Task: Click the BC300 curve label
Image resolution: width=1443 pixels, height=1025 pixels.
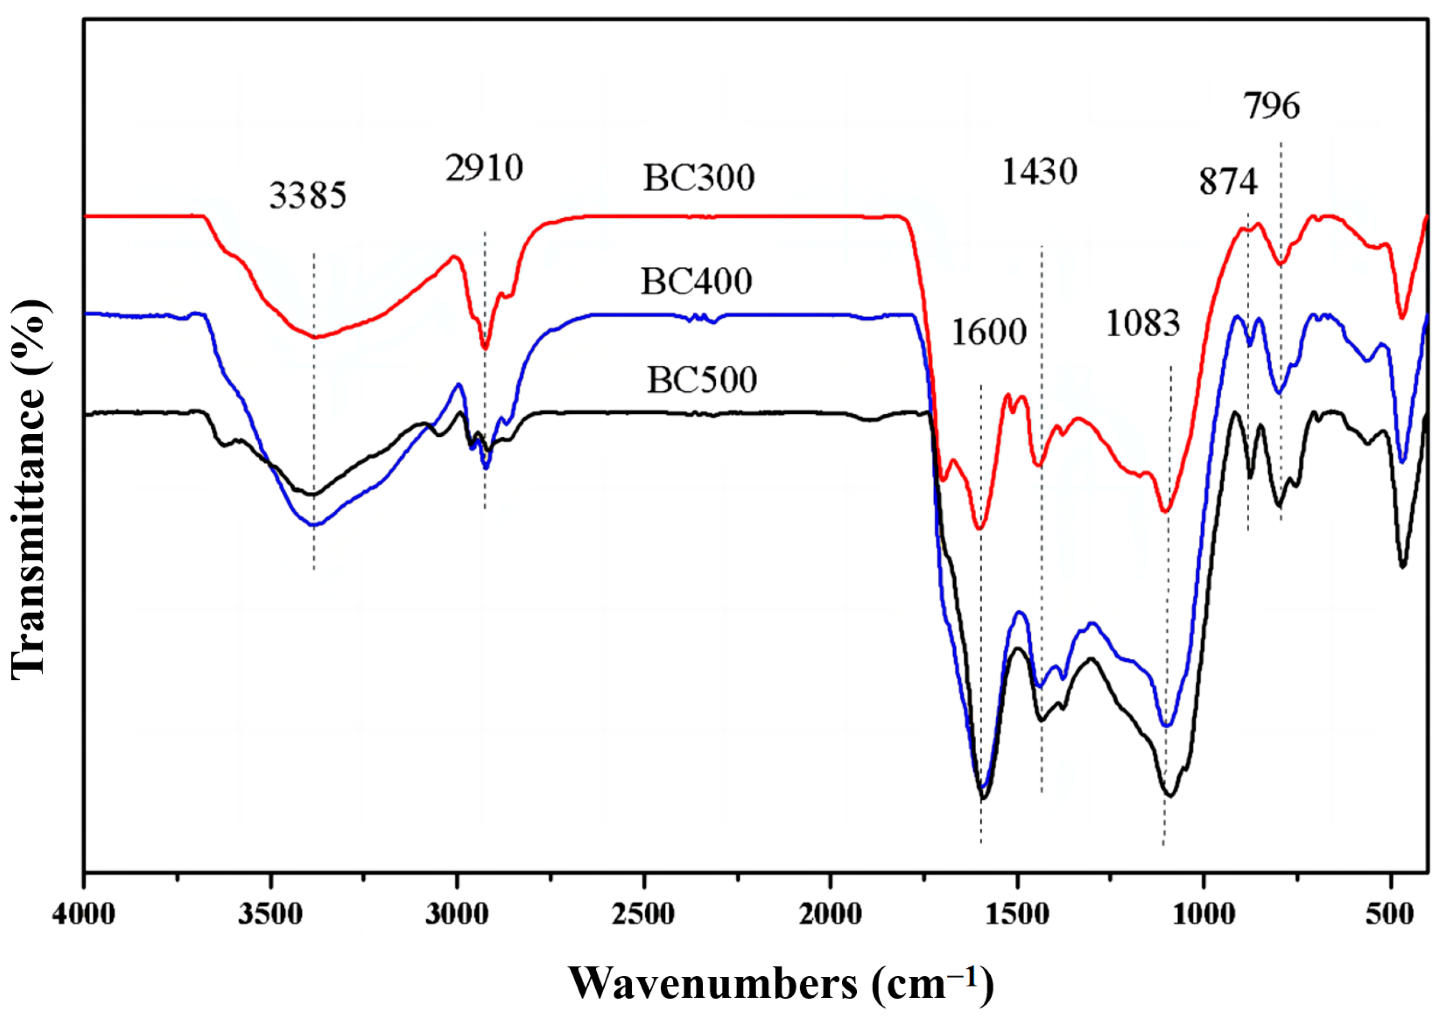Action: coord(699,178)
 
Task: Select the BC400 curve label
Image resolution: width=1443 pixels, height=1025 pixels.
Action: coord(696,282)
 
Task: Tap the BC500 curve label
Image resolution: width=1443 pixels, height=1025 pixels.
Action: coord(701,380)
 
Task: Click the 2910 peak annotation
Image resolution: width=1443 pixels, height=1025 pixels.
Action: coord(484,168)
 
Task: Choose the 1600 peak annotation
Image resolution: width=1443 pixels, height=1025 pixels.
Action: coord(989,332)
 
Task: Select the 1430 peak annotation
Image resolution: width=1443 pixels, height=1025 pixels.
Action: coord(1039,172)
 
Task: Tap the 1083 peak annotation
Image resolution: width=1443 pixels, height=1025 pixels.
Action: coord(1143,324)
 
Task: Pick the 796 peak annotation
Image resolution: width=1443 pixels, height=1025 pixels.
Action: coord(1272,106)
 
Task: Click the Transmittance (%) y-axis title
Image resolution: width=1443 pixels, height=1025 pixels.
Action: coord(29,490)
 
